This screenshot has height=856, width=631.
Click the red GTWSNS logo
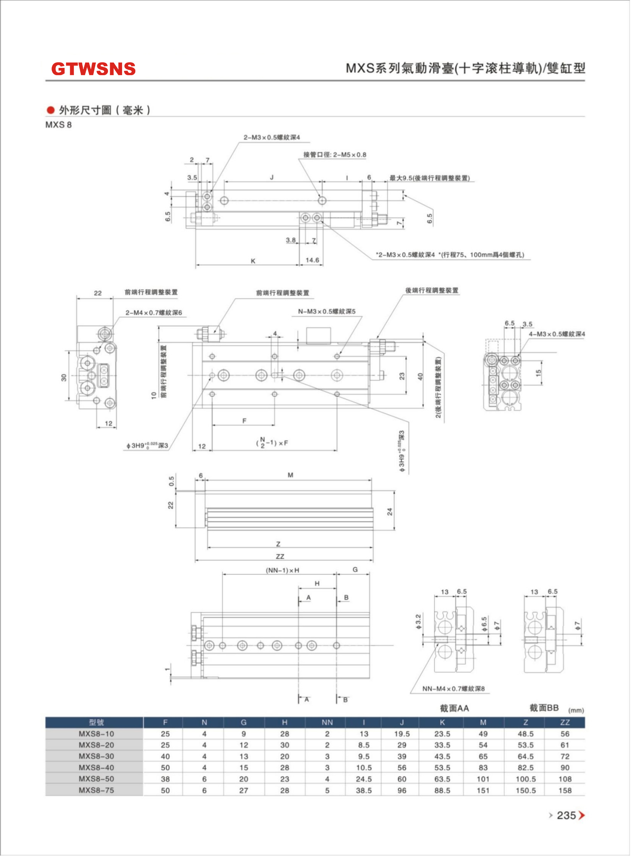[93, 69]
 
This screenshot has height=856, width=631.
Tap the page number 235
[566, 816]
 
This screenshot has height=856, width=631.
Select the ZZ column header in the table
[565, 722]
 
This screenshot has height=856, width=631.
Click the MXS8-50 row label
[96, 779]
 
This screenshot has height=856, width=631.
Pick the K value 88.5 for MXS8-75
[442, 790]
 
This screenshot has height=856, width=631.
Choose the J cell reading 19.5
[402, 733]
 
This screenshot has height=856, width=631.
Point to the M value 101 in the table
[483, 779]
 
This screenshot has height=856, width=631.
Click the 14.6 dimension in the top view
[312, 260]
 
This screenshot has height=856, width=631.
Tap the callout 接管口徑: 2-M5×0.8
[335, 155]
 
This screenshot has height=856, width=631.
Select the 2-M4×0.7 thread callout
[154, 313]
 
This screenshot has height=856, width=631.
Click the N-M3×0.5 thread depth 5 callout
[327, 311]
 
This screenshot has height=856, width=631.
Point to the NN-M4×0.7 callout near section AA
[453, 688]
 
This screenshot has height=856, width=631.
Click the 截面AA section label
[454, 708]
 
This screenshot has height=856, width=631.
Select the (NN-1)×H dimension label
[283, 570]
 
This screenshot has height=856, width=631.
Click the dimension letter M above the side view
[290, 475]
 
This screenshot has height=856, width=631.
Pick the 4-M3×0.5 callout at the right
[557, 334]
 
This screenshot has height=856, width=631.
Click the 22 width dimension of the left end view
[98, 293]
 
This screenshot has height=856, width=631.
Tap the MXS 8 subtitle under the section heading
[58, 125]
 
